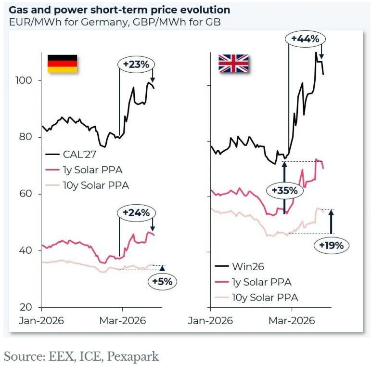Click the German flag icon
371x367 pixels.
point(62,64)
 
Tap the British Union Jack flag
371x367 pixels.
point(233,63)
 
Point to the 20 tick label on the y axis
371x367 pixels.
point(26,307)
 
